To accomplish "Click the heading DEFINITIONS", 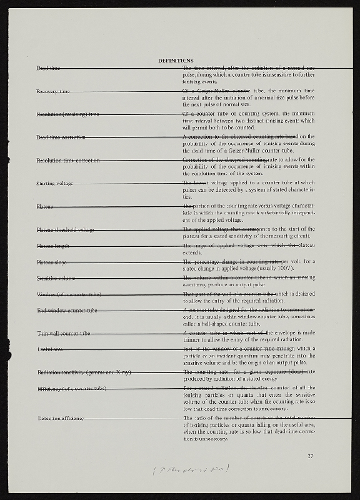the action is pos(176,60).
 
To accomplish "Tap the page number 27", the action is pos(310,456).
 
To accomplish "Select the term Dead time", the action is pos(48,67).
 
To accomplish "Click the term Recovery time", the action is pos(53,91).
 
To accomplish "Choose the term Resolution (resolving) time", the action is pos(67,114).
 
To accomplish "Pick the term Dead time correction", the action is pos(61,137).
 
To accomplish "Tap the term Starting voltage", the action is pos(54,183).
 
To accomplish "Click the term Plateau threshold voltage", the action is pos(65,230).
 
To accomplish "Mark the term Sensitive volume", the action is pos(56,277).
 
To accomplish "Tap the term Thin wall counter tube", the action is pos(63,334).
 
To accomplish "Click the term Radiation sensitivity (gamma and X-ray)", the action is pos(84,372).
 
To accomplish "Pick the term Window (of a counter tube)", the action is pos(69,294).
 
